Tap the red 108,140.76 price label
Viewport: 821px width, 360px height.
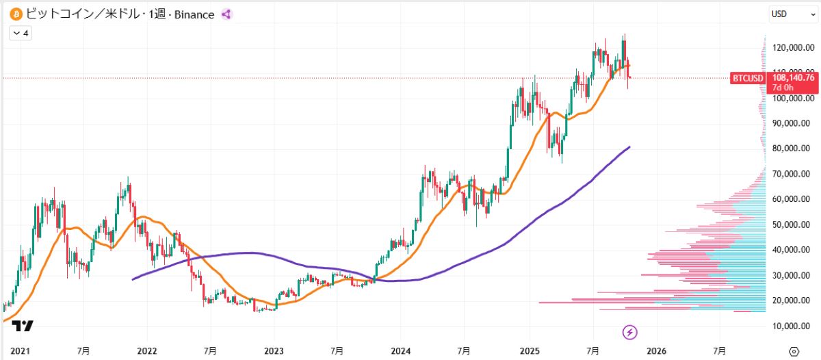(792, 77)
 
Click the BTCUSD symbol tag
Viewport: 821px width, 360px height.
(748, 78)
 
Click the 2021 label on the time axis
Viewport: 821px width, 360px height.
(20, 351)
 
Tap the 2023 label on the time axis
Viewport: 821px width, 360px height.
(274, 351)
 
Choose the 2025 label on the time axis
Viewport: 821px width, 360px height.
(530, 351)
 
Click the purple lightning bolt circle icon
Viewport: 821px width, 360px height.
(630, 333)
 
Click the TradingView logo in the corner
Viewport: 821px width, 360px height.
(23, 326)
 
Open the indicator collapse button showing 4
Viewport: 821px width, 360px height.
(21, 32)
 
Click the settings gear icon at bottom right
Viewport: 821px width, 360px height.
(794, 351)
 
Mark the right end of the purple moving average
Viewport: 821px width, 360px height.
(629, 146)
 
